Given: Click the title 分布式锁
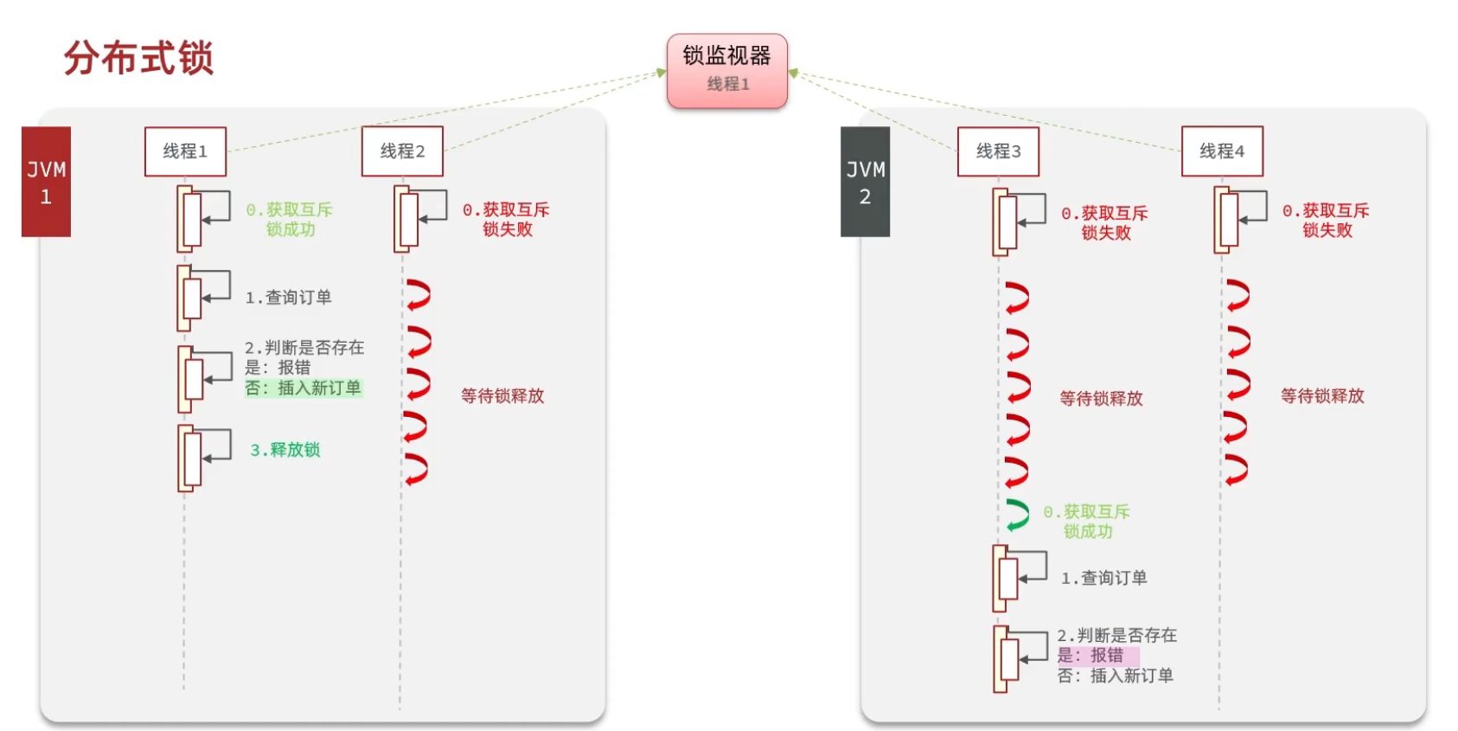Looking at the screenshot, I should click(138, 59).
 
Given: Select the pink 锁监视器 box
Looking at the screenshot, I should click(726, 70).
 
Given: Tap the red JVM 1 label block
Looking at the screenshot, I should click(46, 182).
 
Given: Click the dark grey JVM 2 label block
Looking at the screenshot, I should click(865, 182).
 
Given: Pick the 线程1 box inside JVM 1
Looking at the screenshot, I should click(185, 151).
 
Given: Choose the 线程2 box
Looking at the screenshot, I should click(402, 151).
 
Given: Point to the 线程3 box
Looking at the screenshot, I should click(998, 151).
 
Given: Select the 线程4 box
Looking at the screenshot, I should click(1222, 151).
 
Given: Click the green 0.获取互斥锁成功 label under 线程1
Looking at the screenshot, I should click(290, 219).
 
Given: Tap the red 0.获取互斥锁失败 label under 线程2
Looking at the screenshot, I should click(507, 219).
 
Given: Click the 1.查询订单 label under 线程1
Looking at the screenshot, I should click(288, 298).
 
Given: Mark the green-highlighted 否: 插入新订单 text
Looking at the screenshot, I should click(303, 388).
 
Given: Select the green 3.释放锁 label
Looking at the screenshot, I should click(285, 450).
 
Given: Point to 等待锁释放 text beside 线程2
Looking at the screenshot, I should click(502, 396).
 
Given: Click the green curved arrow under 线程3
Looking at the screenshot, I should click(1018, 516).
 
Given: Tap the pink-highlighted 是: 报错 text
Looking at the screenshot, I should click(1091, 656).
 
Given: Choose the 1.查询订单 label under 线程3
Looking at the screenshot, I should click(1104, 578).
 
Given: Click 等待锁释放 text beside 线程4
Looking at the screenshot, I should click(1322, 396).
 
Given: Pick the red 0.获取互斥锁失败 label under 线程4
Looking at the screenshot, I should click(1327, 221).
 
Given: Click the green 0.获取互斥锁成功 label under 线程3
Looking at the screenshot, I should click(1087, 522).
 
